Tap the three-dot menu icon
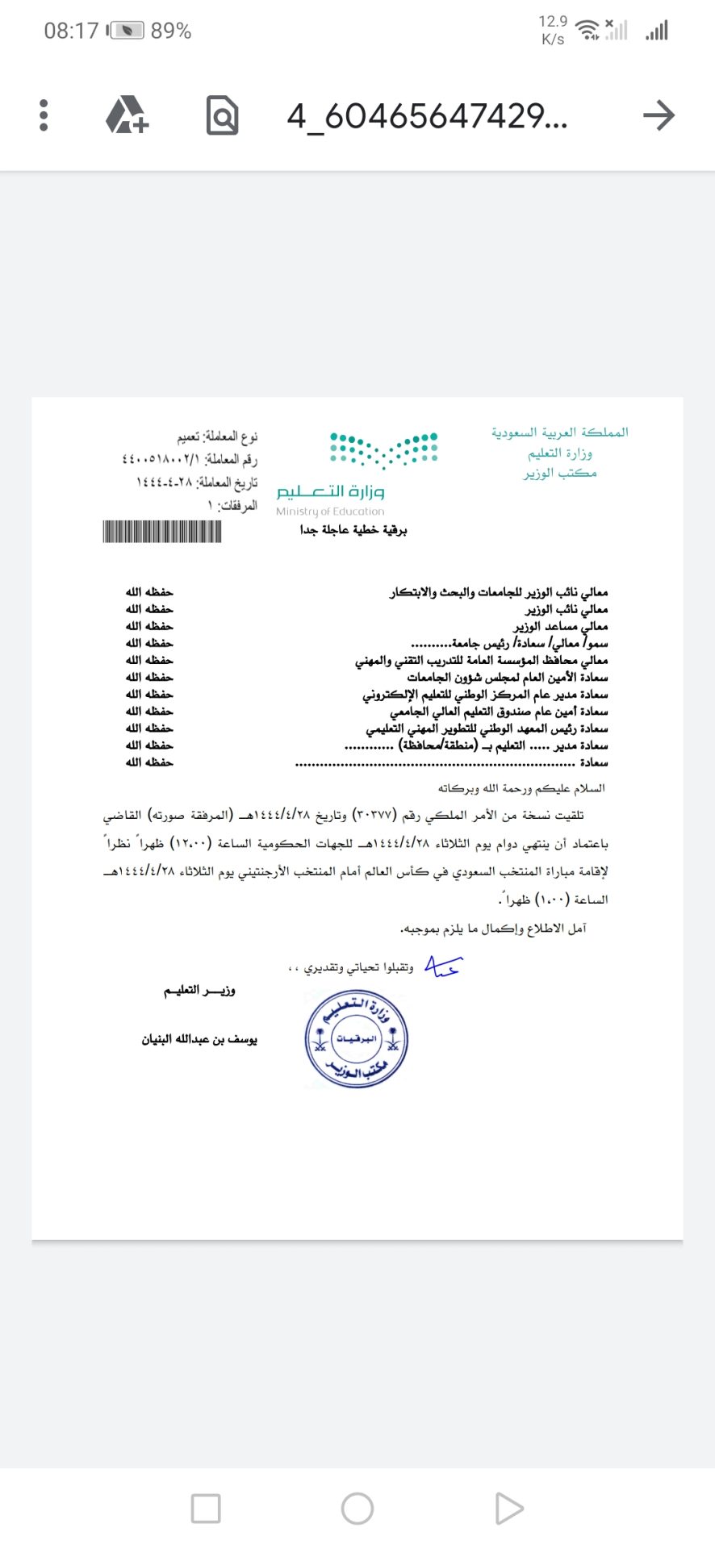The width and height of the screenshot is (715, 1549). coord(44,115)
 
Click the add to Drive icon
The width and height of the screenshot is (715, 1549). coord(128,115)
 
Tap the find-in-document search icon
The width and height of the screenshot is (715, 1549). coord(222,115)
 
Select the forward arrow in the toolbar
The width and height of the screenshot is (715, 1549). coord(659,115)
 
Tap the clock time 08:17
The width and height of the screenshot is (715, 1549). coord(71,31)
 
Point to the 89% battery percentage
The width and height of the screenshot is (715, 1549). coord(171,31)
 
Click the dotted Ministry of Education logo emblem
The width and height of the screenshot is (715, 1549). coord(383,450)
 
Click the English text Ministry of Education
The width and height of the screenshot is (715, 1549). coord(330,511)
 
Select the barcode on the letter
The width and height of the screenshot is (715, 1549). coord(162,532)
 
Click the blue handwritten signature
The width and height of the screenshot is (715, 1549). coord(442,966)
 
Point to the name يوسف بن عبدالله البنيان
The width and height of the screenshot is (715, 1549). coord(199,1039)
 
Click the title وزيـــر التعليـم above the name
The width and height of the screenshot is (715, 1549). coord(199,990)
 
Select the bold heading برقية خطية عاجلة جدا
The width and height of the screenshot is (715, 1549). coord(353,530)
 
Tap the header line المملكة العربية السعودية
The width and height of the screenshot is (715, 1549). coord(560,432)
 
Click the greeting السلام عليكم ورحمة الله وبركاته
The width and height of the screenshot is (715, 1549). coord(521,787)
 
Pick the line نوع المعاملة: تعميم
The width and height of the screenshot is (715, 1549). coord(217,436)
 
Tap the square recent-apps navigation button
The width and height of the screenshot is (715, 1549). coord(206,1509)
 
